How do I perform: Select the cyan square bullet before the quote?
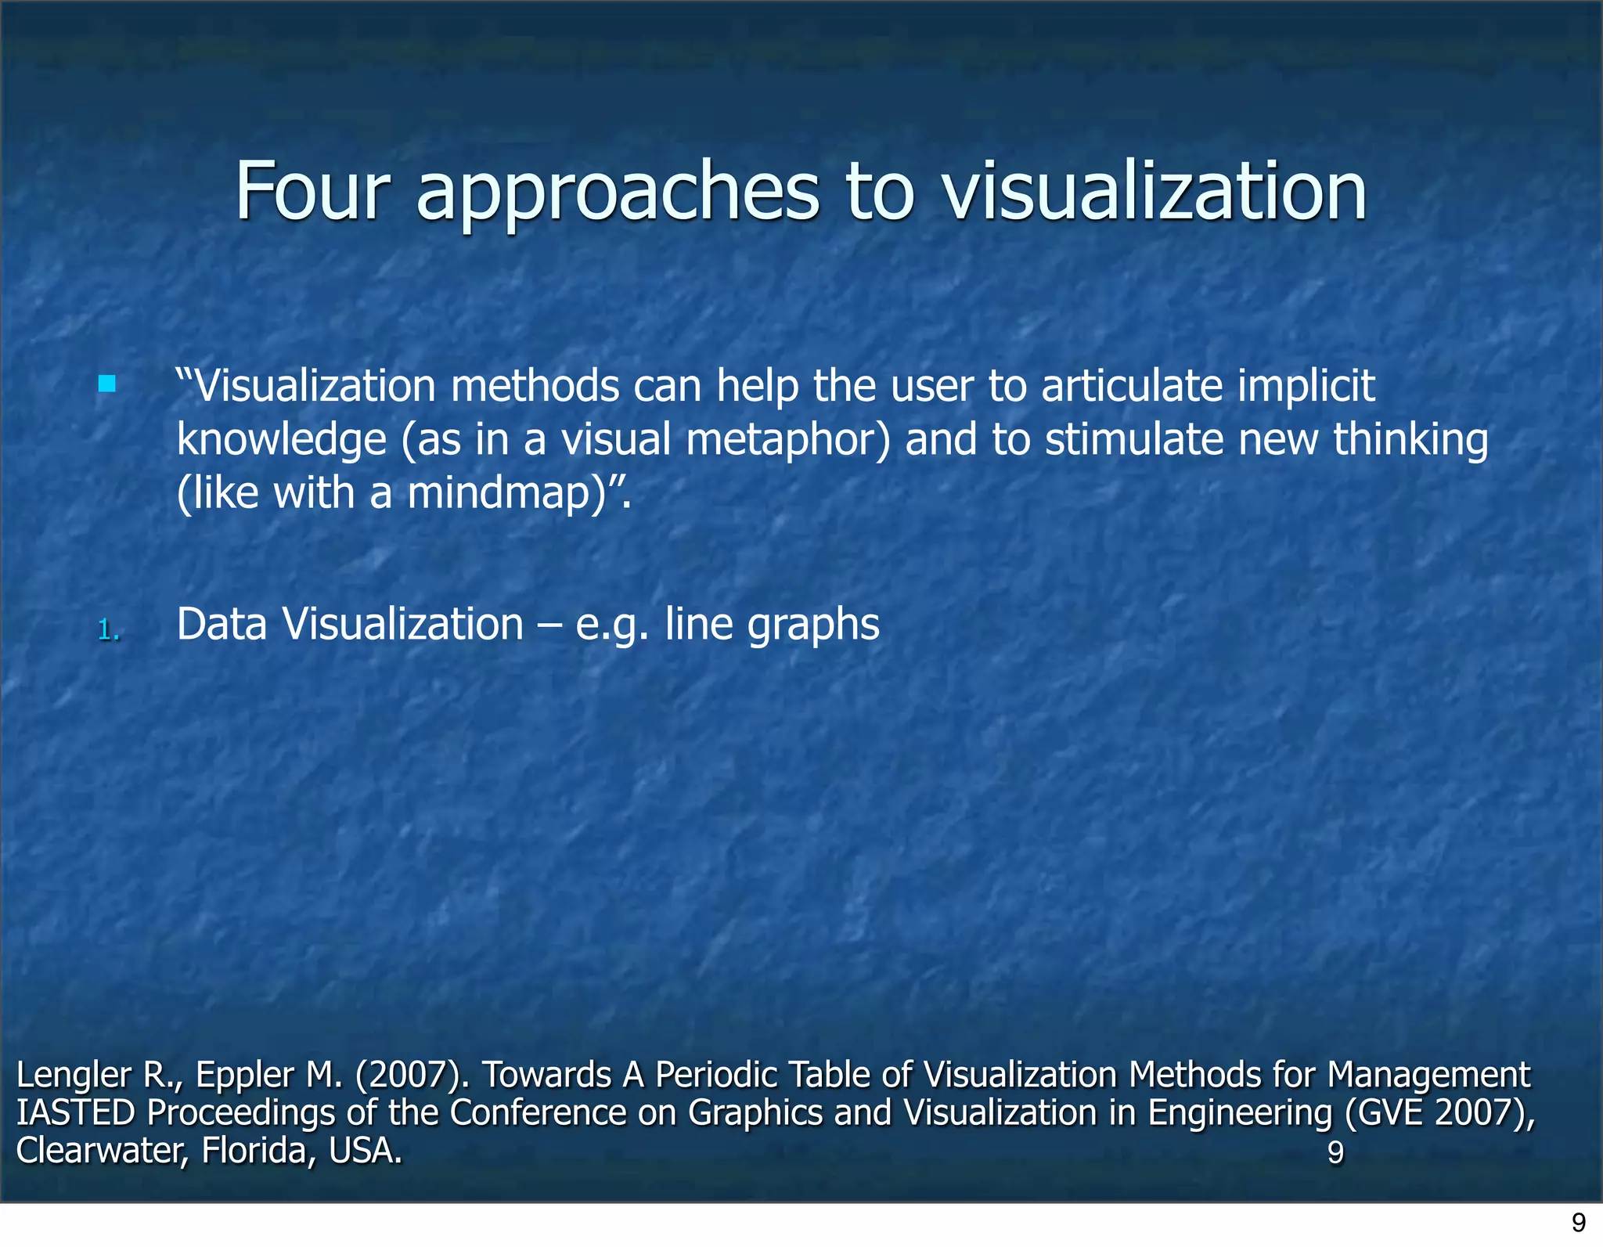click(107, 384)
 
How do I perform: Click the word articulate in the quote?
click(1132, 386)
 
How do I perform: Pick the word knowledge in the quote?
click(281, 440)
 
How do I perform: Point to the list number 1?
click(109, 629)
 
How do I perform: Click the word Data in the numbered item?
click(222, 625)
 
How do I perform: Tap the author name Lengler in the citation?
click(74, 1075)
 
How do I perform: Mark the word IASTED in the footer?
click(75, 1112)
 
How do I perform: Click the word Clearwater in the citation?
click(99, 1151)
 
